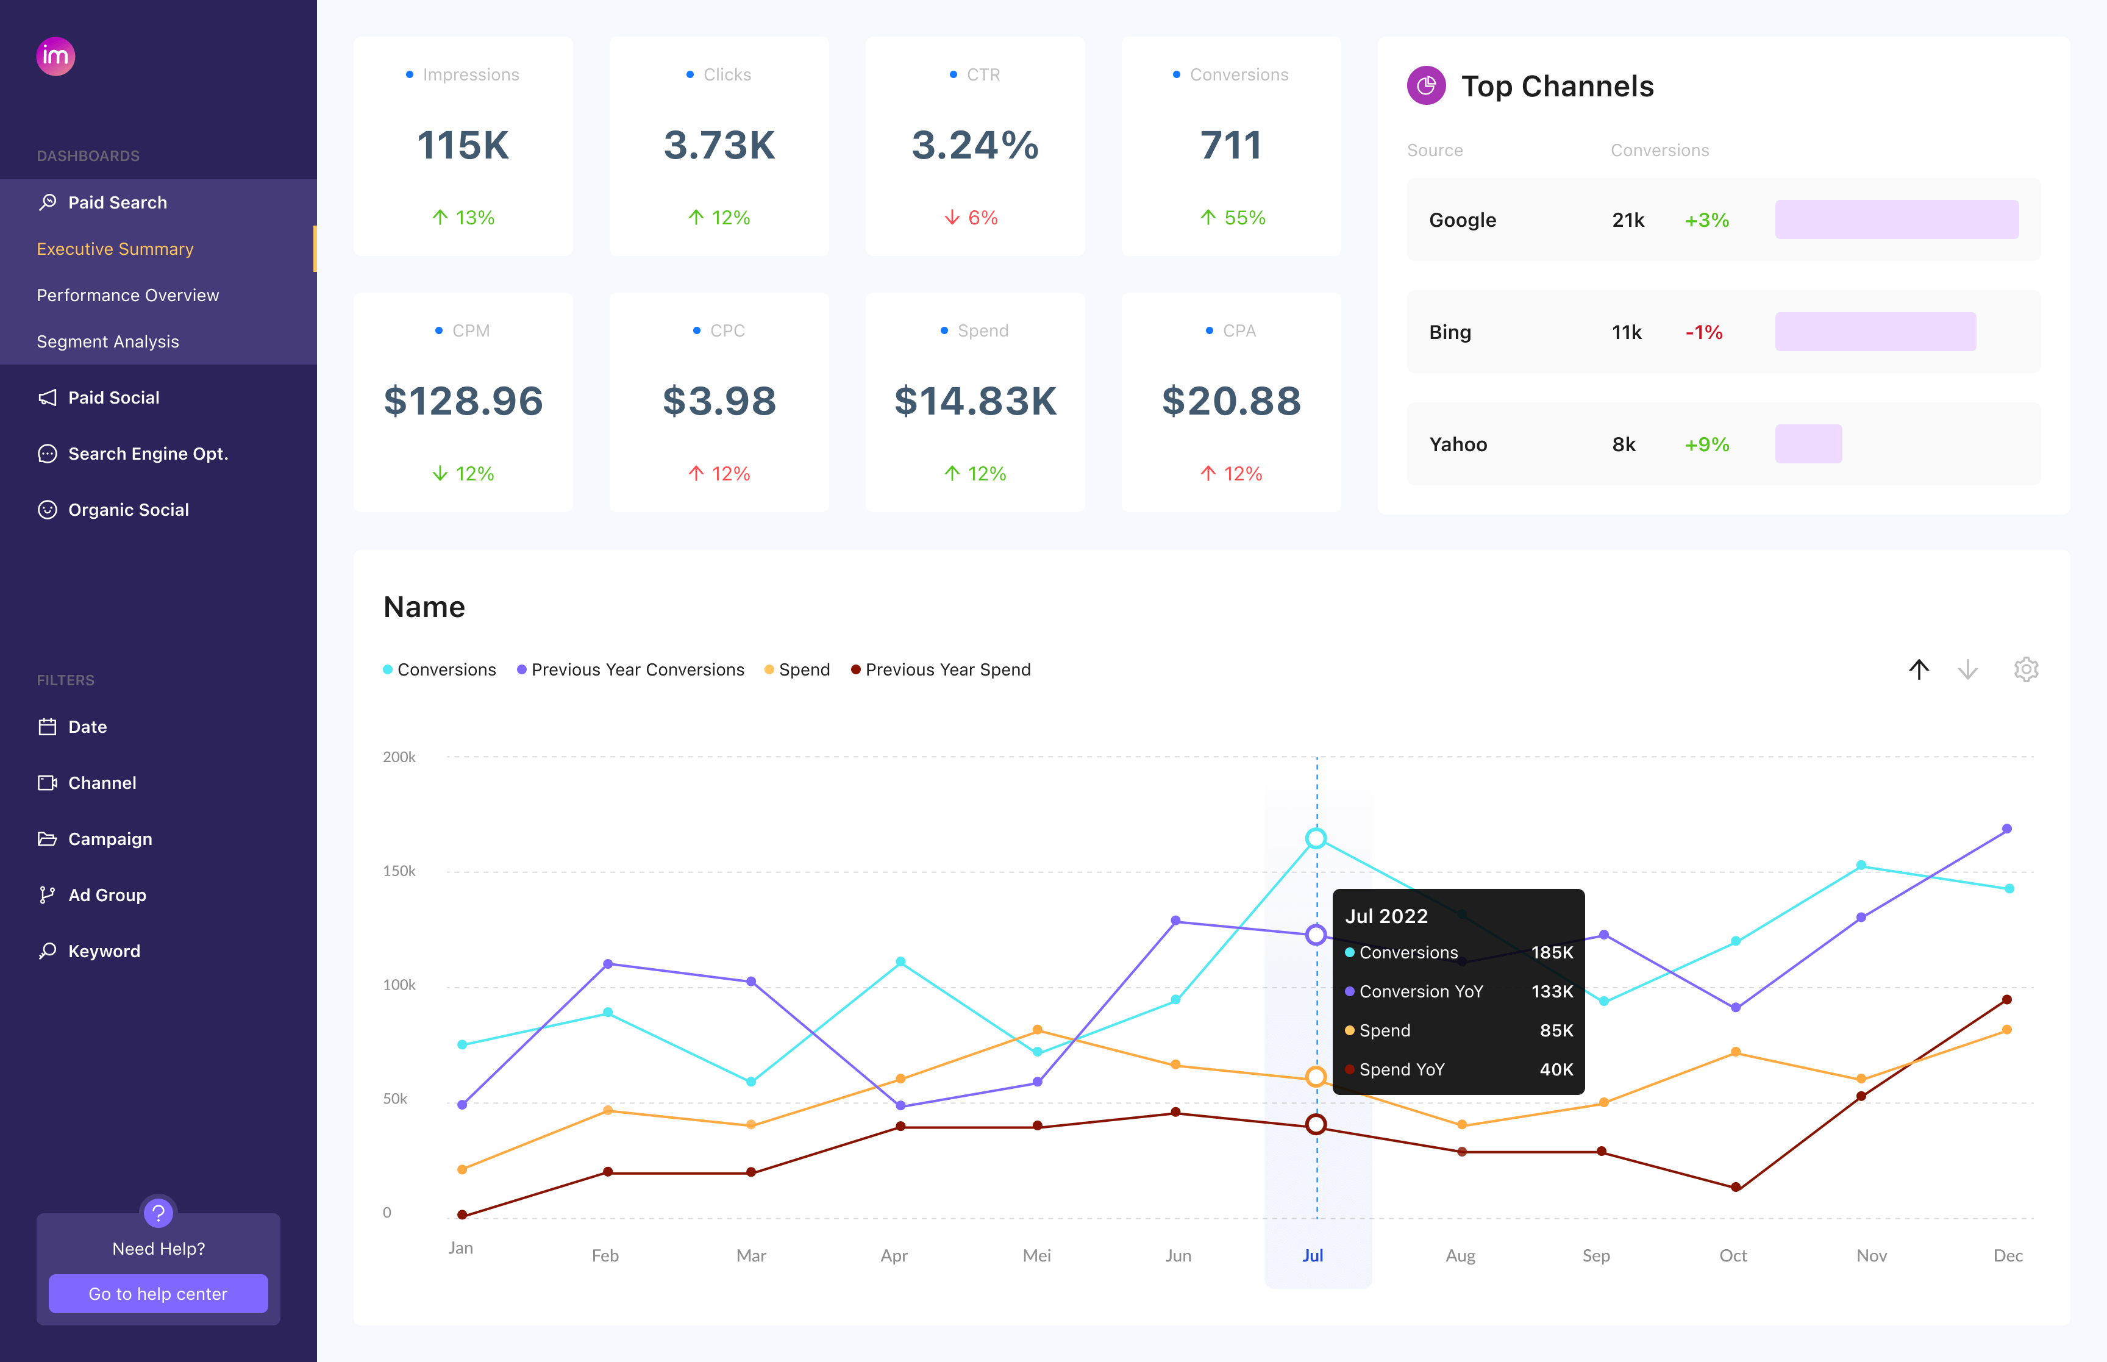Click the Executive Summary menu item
tap(115, 249)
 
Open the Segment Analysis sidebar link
tap(108, 341)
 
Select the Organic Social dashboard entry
tap(128, 510)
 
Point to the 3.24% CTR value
tap(974, 145)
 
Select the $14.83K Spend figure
tap(974, 402)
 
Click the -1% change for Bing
tap(1703, 332)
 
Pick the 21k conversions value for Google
tap(1627, 220)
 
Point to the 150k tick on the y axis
tap(399, 871)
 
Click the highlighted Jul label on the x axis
tap(1312, 1255)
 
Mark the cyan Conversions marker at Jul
tap(1316, 838)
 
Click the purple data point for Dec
tap(2006, 829)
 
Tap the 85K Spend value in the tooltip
tap(1555, 1030)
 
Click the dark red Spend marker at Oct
tap(1734, 1187)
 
